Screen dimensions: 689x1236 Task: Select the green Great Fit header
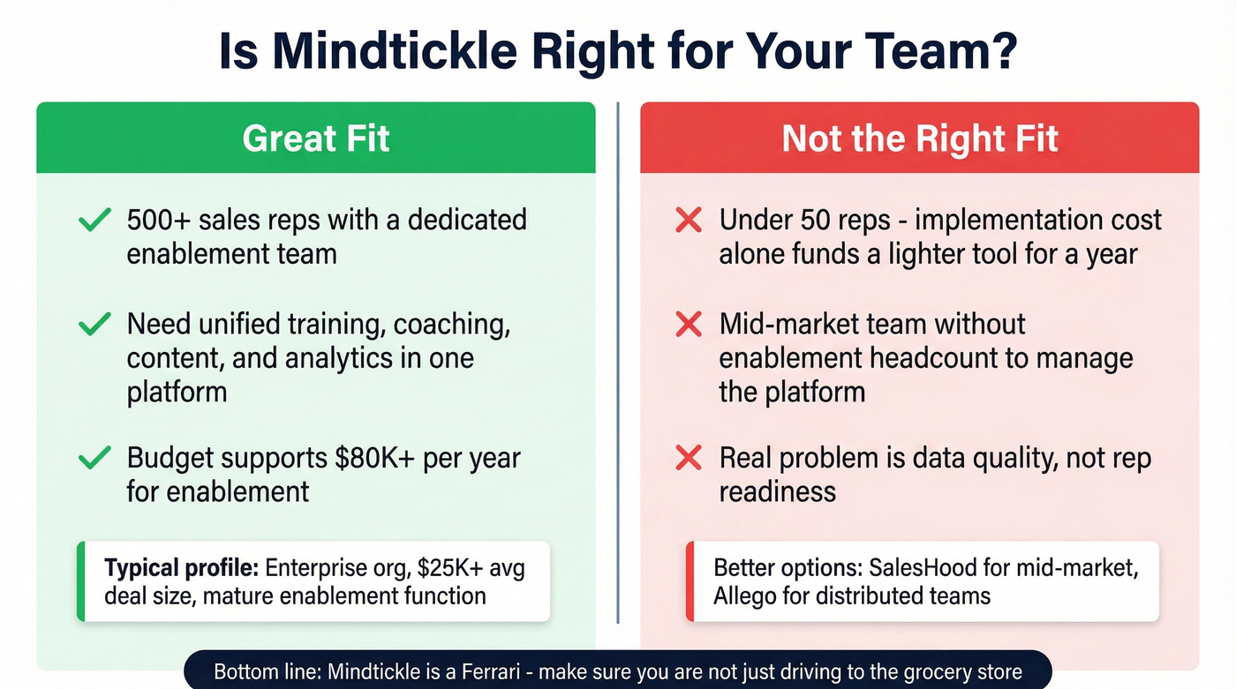tap(315, 139)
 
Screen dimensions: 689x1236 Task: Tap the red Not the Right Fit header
tap(919, 139)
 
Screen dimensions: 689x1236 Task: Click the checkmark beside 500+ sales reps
tap(94, 220)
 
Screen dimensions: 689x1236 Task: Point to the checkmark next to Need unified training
tap(94, 325)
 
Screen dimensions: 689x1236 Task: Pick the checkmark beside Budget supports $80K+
tap(94, 458)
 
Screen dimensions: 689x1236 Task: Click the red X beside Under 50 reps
tap(688, 220)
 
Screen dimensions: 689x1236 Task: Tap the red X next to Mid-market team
tap(688, 325)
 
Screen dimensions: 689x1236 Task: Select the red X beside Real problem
tap(688, 458)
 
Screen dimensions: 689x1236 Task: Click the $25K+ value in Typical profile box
tap(426, 567)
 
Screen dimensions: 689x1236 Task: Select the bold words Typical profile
tap(181, 567)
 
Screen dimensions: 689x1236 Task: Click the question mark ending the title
tap(1002, 52)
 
